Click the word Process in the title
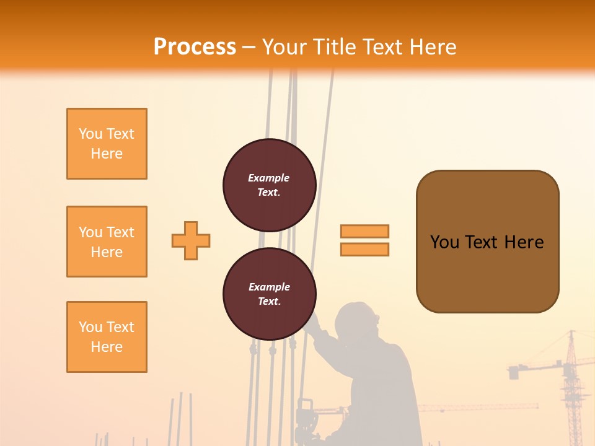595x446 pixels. pyautogui.click(x=195, y=46)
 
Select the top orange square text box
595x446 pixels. pyautogui.click(x=107, y=144)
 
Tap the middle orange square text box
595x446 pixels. pyautogui.click(x=107, y=242)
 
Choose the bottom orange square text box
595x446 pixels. pyautogui.click(x=107, y=337)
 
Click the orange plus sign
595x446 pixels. pyautogui.click(x=191, y=240)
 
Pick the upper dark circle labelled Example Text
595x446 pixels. pyautogui.click(x=270, y=185)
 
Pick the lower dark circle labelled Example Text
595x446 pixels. pyautogui.click(x=270, y=294)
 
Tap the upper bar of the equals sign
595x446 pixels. pyautogui.click(x=364, y=231)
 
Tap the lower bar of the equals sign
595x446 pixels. pyautogui.click(x=364, y=249)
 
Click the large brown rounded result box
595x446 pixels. pyautogui.click(x=487, y=273)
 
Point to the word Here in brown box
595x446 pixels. pyautogui.click(x=524, y=242)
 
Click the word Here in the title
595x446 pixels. pyautogui.click(x=434, y=47)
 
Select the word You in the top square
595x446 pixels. pyautogui.click(x=90, y=134)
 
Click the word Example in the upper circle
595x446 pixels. pyautogui.click(x=269, y=178)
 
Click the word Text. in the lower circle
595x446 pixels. pyautogui.click(x=269, y=302)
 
